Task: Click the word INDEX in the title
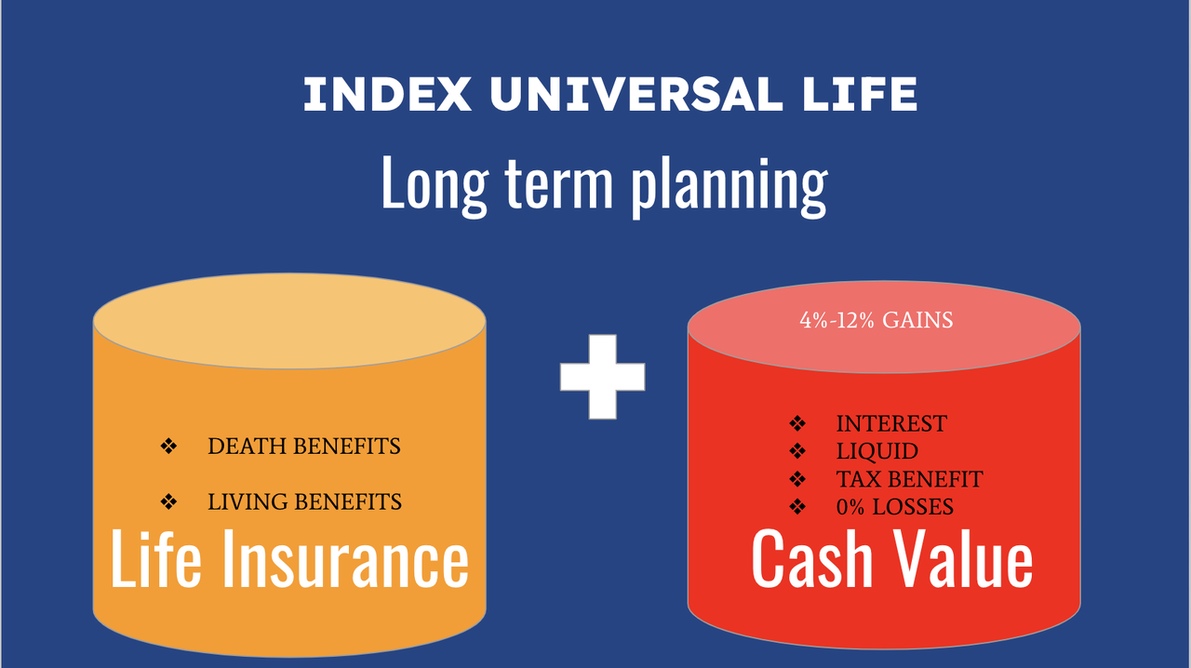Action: point(388,94)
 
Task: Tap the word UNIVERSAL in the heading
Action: point(636,94)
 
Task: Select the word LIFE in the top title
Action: point(860,94)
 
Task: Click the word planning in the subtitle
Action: point(729,187)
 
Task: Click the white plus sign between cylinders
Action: point(602,377)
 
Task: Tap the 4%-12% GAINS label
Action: point(877,320)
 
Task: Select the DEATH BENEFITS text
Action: point(303,447)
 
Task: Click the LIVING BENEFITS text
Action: point(304,502)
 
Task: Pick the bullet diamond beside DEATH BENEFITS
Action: point(168,447)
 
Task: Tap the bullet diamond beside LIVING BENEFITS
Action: point(168,501)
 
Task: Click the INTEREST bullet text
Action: point(891,424)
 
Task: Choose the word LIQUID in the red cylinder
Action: point(877,451)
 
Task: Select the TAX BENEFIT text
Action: point(909,479)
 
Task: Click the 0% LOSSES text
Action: point(895,507)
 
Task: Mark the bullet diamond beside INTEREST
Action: point(797,424)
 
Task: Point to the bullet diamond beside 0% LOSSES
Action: point(797,507)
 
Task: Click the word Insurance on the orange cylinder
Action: point(345,558)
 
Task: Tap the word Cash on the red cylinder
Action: point(812,558)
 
